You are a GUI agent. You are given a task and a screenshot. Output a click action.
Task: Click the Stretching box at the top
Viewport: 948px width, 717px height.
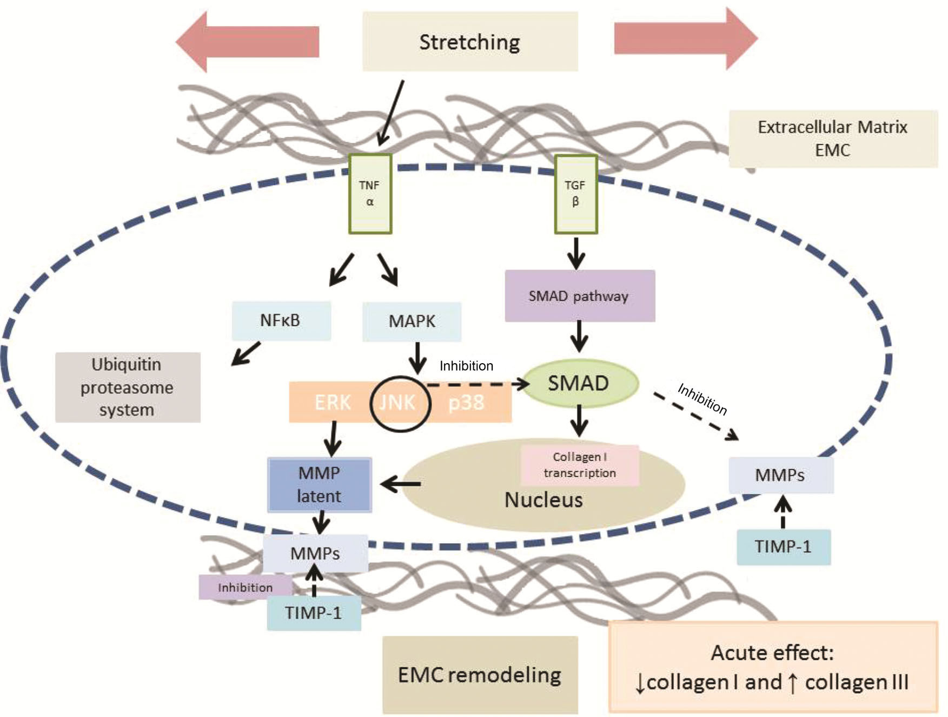(x=469, y=42)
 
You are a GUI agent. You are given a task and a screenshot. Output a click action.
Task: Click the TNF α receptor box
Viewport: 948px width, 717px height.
(x=370, y=194)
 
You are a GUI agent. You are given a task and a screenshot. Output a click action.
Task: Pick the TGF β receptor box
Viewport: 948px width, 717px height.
(x=575, y=194)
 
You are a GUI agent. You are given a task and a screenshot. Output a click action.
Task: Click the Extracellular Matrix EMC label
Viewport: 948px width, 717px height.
(x=832, y=139)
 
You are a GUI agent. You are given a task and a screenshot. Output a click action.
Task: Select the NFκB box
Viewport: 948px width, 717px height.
(x=281, y=320)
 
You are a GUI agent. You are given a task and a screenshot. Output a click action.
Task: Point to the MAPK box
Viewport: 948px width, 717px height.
(x=412, y=321)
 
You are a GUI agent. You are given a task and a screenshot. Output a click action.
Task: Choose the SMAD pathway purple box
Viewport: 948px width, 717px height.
(x=579, y=296)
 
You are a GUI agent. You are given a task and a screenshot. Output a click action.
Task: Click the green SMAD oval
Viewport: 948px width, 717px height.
(x=579, y=383)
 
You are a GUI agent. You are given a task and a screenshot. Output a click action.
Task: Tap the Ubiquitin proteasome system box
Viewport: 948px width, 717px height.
(x=127, y=387)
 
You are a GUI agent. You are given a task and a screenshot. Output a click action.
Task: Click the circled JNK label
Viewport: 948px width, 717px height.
(x=399, y=403)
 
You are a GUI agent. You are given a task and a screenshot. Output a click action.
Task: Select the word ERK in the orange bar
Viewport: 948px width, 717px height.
(x=332, y=403)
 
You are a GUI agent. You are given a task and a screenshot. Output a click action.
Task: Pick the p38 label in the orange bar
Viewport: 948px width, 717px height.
(x=466, y=403)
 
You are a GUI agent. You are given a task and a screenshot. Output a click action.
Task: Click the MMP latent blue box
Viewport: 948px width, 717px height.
(x=320, y=485)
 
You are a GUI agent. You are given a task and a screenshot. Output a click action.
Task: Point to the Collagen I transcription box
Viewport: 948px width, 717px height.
(x=580, y=465)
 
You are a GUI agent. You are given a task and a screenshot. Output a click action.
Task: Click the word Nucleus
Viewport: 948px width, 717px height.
(x=543, y=500)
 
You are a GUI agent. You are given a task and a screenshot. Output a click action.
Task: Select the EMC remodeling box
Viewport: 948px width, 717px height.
(x=480, y=675)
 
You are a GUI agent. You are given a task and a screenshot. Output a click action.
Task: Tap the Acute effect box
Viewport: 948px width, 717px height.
(x=773, y=667)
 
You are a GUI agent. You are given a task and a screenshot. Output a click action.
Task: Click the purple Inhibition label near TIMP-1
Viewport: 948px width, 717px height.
(x=244, y=588)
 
